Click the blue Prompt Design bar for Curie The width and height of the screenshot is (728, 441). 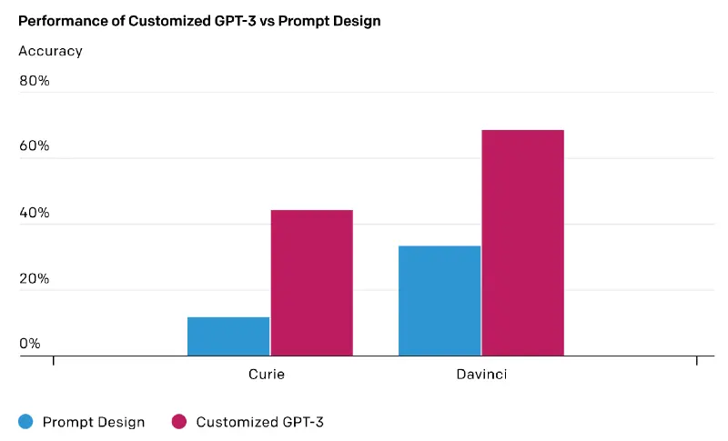pos(228,336)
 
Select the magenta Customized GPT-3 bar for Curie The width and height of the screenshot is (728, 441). pos(311,283)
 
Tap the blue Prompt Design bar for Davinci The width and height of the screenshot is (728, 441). pos(440,301)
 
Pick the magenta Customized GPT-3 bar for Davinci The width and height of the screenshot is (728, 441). pos(522,243)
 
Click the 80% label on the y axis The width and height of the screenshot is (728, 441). pos(35,81)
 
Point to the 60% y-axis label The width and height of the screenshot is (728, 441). pos(35,147)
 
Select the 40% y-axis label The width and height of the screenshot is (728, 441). pos(35,214)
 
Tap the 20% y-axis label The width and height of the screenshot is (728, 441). pos(35,279)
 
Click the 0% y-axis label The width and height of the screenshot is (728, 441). pos(30,344)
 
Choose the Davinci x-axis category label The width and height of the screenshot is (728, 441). pos(481,375)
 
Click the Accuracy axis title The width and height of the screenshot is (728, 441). pos(50,51)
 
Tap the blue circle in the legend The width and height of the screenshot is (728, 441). pos(25,421)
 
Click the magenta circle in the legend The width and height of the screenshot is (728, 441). pos(179,421)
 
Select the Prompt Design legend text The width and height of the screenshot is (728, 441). pos(93,422)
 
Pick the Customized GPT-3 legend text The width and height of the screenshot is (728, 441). pos(259,422)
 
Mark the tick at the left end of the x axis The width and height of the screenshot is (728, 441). pos(54,362)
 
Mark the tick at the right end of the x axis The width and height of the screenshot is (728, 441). pos(697,362)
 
